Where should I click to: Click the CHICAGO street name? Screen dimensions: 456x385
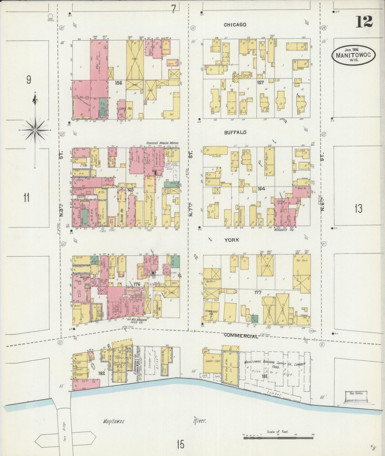(235, 25)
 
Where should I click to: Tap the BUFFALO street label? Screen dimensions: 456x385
(235, 132)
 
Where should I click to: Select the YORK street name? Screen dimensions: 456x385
(232, 240)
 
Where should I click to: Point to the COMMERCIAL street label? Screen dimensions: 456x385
(241, 336)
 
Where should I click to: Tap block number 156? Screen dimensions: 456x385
(118, 83)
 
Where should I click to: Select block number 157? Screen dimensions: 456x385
(260, 82)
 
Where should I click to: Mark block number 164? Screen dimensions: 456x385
(261, 189)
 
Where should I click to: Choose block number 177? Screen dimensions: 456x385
(258, 293)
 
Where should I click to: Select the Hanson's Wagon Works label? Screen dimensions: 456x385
(163, 143)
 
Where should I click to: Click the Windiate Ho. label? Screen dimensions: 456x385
(284, 229)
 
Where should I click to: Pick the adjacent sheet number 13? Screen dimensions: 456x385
(358, 209)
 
